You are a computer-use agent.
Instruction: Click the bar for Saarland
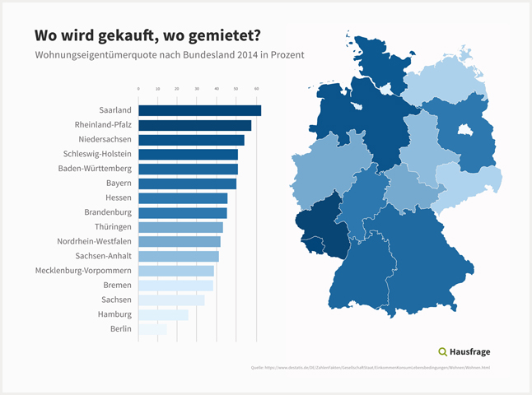pos(199,110)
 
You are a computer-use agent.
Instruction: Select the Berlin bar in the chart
pos(152,329)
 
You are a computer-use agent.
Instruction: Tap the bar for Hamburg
pos(163,314)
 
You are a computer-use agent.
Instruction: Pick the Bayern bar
pos(187,184)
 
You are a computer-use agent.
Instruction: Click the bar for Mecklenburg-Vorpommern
pos(176,271)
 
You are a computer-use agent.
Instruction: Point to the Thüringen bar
pos(180,227)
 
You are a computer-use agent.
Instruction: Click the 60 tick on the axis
pos(256,88)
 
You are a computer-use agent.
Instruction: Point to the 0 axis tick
pos(138,88)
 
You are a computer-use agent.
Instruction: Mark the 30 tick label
pos(197,88)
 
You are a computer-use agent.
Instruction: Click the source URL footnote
pos(370,367)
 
